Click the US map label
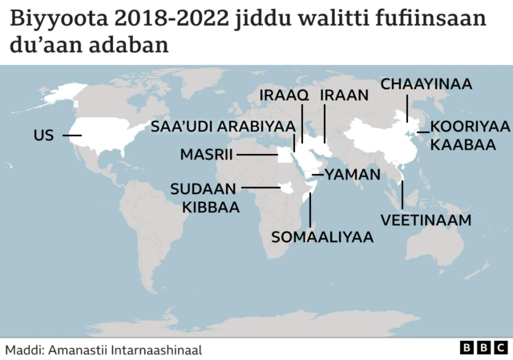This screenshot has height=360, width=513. pyautogui.click(x=43, y=136)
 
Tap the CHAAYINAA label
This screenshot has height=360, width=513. pyautogui.click(x=426, y=84)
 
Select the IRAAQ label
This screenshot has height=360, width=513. pyautogui.click(x=284, y=95)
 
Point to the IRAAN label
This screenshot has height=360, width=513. pyautogui.click(x=344, y=95)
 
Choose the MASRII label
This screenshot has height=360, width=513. pyautogui.click(x=206, y=154)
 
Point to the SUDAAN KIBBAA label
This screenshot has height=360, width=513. pyautogui.click(x=205, y=198)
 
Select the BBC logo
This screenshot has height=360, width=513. pyautogui.click(x=484, y=348)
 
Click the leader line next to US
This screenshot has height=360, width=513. pyautogui.click(x=72, y=136)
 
